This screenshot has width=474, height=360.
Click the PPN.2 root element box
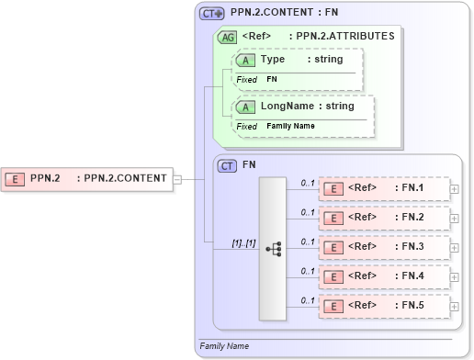87,178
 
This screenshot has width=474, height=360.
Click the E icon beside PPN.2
16,178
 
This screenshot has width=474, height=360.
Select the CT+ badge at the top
212,14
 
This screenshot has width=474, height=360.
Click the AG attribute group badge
226,37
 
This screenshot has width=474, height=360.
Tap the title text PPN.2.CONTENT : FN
285,14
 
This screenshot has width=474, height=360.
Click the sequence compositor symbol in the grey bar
273,248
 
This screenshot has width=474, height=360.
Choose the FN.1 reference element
383,189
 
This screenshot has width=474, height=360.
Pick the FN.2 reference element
383,218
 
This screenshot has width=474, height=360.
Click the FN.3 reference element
383,247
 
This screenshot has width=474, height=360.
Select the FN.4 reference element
383,276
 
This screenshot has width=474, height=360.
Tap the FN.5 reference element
383,305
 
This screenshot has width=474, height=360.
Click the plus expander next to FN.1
455,189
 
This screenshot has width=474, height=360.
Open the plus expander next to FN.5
455,305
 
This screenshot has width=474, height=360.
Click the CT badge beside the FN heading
227,166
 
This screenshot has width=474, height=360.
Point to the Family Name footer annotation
224,346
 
